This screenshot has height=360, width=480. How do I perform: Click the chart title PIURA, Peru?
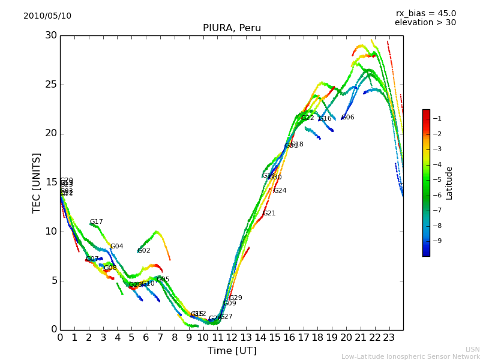tap(232, 28)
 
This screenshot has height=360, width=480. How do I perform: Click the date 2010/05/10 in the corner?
tap(47, 16)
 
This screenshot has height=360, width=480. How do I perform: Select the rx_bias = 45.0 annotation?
tap(425, 14)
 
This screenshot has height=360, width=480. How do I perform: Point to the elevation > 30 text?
tap(425, 23)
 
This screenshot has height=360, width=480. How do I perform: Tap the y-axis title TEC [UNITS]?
tap(37, 183)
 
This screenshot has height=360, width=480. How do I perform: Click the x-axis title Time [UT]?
tap(232, 351)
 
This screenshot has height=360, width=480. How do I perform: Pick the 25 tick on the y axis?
tap(50, 85)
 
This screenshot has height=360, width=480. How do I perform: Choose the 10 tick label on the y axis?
tap(50, 232)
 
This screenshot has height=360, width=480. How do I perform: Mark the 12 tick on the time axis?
tap(232, 338)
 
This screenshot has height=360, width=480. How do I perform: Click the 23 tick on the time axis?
tap(389, 338)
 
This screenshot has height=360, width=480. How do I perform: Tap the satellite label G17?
tap(97, 222)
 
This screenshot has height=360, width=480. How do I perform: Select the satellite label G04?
tap(116, 247)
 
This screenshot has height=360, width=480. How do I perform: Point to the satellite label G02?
tap(144, 251)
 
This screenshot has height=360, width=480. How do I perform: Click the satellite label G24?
tap(280, 191)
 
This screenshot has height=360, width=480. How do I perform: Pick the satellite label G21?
tap(269, 214)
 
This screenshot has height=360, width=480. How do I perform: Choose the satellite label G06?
tap(348, 118)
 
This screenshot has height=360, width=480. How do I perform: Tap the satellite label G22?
tap(308, 118)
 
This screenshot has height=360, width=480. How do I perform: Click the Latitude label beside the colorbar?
tap(449, 183)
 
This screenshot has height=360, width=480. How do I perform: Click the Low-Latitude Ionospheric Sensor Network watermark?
tap(410, 356)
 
